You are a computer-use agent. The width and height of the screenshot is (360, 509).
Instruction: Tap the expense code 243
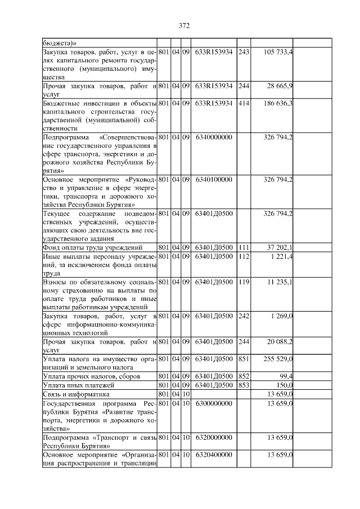coord(244,52)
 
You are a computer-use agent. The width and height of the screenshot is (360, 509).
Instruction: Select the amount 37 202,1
coord(280,247)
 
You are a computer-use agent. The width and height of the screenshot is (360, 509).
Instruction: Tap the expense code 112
coord(244,256)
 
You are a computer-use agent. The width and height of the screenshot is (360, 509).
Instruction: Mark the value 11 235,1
coord(280,282)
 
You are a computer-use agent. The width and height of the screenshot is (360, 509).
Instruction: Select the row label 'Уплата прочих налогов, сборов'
coord(92,376)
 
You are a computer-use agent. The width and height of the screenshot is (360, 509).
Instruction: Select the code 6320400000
coord(214,454)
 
